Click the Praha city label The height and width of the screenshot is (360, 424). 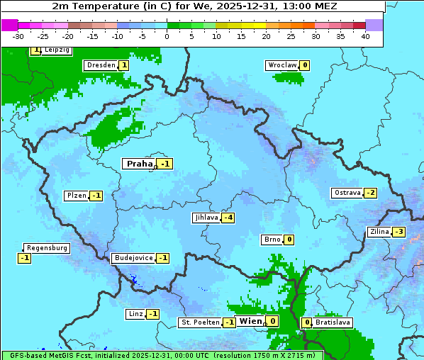[x=140, y=164]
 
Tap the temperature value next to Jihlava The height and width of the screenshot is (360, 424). [x=228, y=218]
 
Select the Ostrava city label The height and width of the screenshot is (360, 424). [x=347, y=193]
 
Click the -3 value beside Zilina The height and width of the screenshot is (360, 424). [x=399, y=232]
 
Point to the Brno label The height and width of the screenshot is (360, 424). [x=272, y=240]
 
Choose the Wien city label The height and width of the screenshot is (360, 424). [x=250, y=321]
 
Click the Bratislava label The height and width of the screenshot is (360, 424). [x=333, y=322]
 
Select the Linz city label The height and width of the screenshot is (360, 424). [x=135, y=314]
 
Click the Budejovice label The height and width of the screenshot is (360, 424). [x=133, y=258]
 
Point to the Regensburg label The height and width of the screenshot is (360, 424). [x=47, y=248]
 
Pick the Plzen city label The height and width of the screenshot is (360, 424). [x=76, y=196]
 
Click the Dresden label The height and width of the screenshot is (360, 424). [x=101, y=65]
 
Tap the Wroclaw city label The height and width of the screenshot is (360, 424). [x=281, y=65]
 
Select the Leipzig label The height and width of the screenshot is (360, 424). [x=56, y=50]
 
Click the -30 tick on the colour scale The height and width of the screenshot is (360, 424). [x=18, y=35]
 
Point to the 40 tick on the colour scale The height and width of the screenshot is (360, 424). [x=365, y=35]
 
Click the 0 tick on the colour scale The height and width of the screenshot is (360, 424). [x=167, y=35]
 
